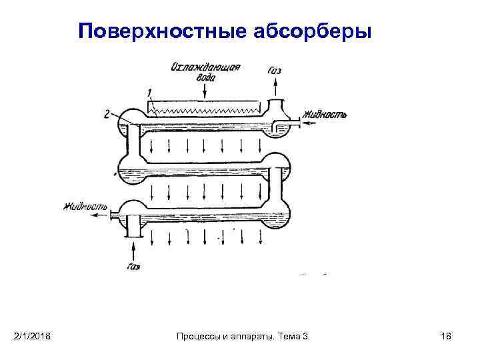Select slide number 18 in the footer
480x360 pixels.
pos(446,335)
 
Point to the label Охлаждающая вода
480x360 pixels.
pos(205,71)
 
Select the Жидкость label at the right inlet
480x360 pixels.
pos(325,114)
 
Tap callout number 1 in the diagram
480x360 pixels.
pos(150,92)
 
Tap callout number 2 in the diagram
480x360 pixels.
pos(107,113)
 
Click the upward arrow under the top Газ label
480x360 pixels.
pos(275,86)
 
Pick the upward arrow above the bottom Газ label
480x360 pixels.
pos(135,250)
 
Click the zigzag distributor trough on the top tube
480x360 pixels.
pos(205,107)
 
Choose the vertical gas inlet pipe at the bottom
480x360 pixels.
pos(135,227)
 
